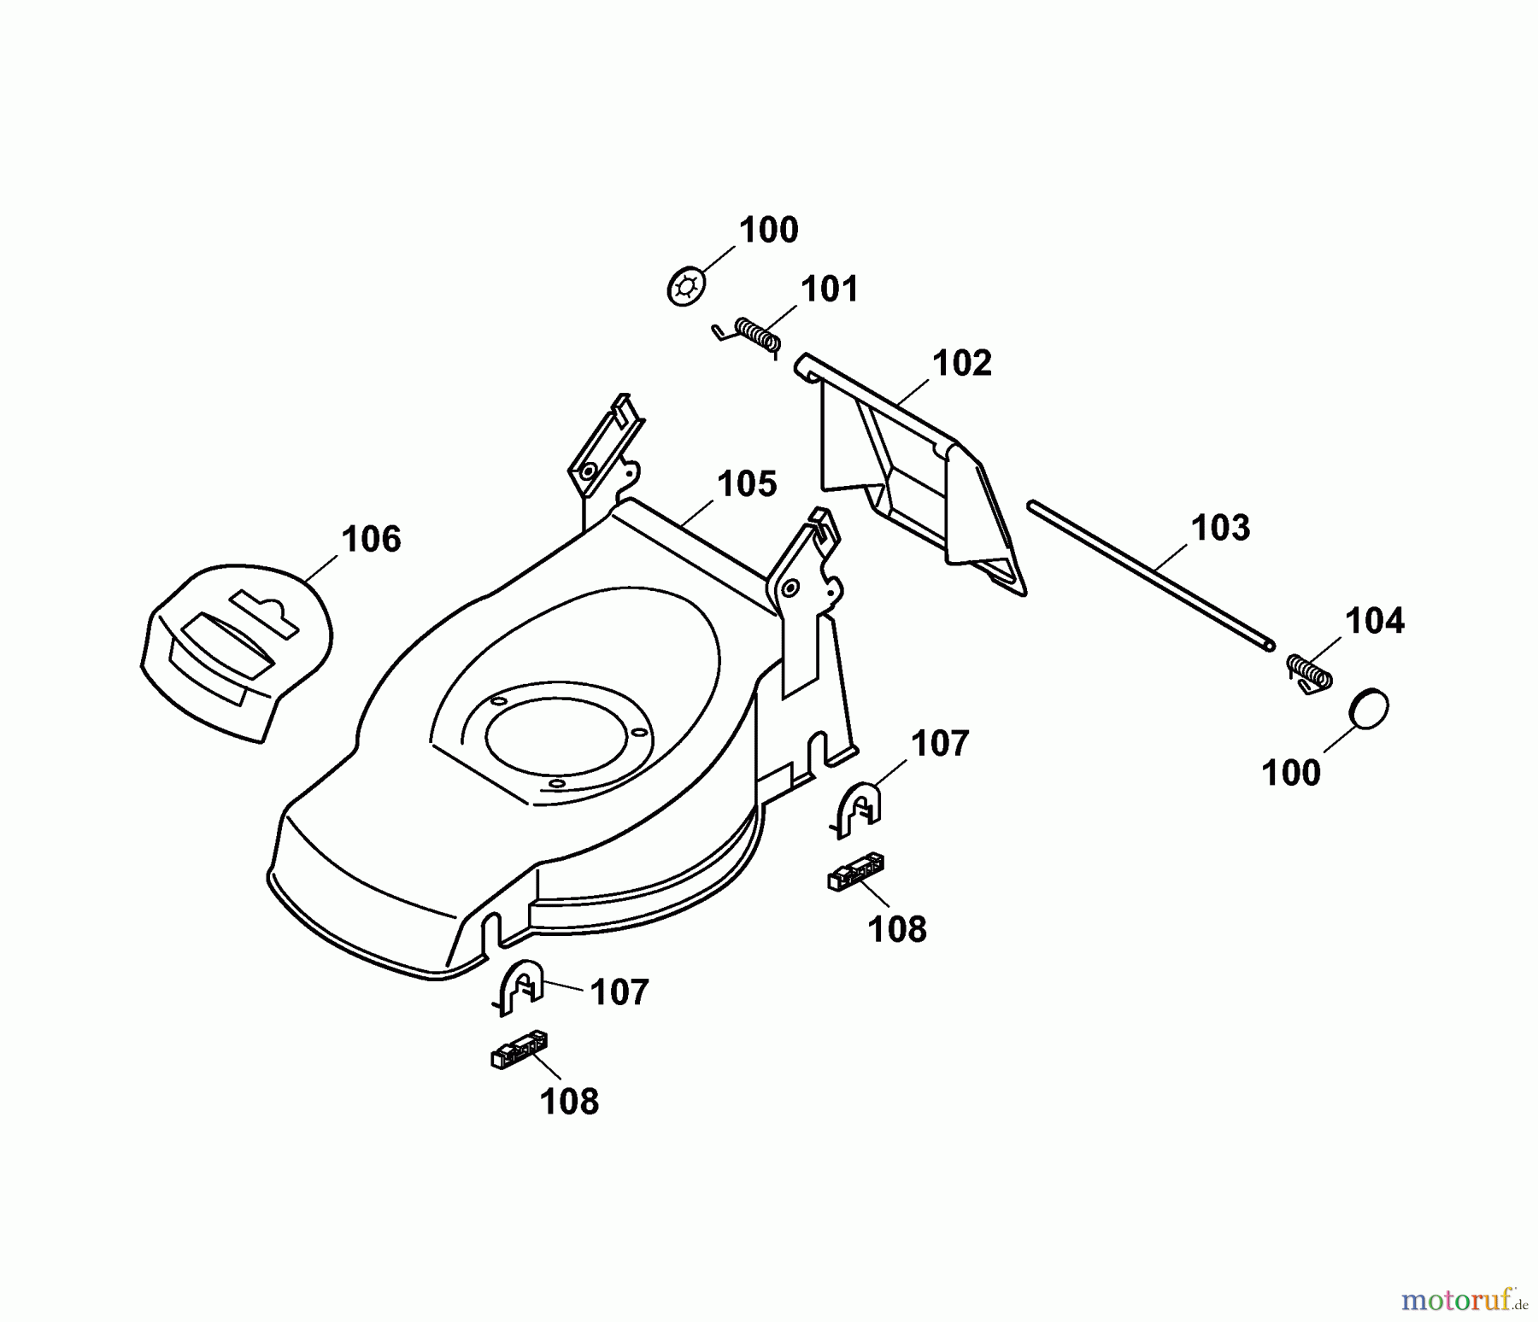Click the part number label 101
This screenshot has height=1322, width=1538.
tap(829, 290)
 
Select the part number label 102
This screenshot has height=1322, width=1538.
tap(962, 364)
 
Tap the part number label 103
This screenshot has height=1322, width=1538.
tap(1220, 528)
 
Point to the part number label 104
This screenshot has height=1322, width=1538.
tap(1375, 621)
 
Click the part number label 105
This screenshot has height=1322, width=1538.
tap(748, 484)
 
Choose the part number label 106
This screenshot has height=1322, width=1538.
tap(371, 540)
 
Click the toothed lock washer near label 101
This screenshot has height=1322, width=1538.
tap(686, 286)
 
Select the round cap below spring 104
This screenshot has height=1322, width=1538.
tap(1368, 708)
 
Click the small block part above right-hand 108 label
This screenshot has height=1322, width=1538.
tap(855, 872)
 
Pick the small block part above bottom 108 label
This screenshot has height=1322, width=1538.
tap(519, 1050)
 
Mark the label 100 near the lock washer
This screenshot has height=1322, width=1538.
tap(768, 231)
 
